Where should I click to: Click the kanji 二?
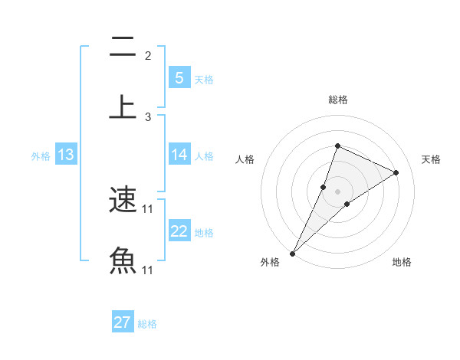click(123, 47)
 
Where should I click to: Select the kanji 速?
click(123, 201)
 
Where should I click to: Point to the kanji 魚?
click(123, 261)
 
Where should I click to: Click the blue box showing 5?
click(179, 77)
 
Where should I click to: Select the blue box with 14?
click(179, 155)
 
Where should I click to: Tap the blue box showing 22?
click(179, 231)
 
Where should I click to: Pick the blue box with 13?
click(66, 155)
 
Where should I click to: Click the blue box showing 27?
click(123, 322)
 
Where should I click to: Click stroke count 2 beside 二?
click(148, 56)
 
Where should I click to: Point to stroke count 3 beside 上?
click(148, 117)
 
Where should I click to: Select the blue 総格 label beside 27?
click(147, 324)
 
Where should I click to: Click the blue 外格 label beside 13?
click(41, 156)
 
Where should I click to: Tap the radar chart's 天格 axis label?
click(431, 159)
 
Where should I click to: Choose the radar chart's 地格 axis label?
click(402, 262)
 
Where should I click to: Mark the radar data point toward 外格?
click(292, 253)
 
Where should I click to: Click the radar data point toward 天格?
click(396, 172)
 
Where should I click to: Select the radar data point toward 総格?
click(337, 146)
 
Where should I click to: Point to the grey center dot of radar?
click(337, 191)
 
